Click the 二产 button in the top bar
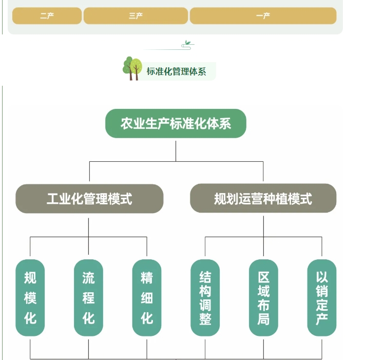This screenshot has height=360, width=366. [x=47, y=16]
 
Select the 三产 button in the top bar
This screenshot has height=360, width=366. [x=136, y=16]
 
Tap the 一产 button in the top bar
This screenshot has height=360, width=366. [x=263, y=16]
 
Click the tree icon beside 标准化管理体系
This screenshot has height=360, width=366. [x=132, y=68]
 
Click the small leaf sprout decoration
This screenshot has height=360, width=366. [x=188, y=45]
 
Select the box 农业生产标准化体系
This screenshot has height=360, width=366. [x=176, y=124]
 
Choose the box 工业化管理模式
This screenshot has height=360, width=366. [x=89, y=199]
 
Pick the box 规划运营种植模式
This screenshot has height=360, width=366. [x=263, y=199]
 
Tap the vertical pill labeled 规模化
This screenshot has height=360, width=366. [x=30, y=298]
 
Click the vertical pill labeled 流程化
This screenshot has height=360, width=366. [x=88, y=298]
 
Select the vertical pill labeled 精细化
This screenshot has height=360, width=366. [x=147, y=298]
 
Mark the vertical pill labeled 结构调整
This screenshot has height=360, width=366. [x=205, y=298]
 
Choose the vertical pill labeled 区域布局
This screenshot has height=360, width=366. [x=263, y=298]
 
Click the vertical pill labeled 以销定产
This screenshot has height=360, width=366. [x=322, y=298]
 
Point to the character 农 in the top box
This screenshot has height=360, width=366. [x=126, y=124]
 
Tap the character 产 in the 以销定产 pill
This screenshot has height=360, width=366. [x=322, y=319]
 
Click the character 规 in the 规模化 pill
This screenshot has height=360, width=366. [x=30, y=278]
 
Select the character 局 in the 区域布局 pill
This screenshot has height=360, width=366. [x=263, y=319]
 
